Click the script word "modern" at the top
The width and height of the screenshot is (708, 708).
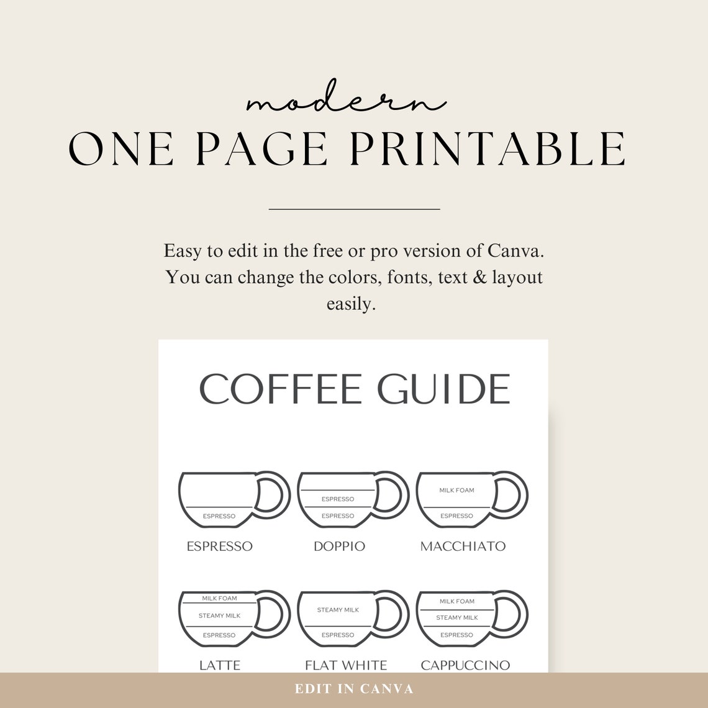tap(345, 101)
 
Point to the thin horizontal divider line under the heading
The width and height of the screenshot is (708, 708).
tap(354, 209)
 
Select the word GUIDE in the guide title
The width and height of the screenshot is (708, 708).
tap(443, 389)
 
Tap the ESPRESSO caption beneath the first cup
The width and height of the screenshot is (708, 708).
tap(220, 547)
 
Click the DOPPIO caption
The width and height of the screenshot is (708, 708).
tap(339, 547)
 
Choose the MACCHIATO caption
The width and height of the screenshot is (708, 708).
tap(463, 547)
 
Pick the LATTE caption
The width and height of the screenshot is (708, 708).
tap(220, 665)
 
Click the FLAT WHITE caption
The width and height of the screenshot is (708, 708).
tap(346, 665)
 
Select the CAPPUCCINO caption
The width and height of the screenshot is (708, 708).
tap(465, 665)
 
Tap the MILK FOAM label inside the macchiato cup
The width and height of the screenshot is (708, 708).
tap(456, 491)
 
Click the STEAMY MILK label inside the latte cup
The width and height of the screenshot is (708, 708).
tap(219, 615)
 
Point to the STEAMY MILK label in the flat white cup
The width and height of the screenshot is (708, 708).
tap(338, 610)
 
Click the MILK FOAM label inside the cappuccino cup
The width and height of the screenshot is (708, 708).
tap(456, 601)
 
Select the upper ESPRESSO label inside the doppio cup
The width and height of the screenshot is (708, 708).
tap(338, 499)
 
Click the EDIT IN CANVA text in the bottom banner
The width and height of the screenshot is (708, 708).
tap(354, 689)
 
